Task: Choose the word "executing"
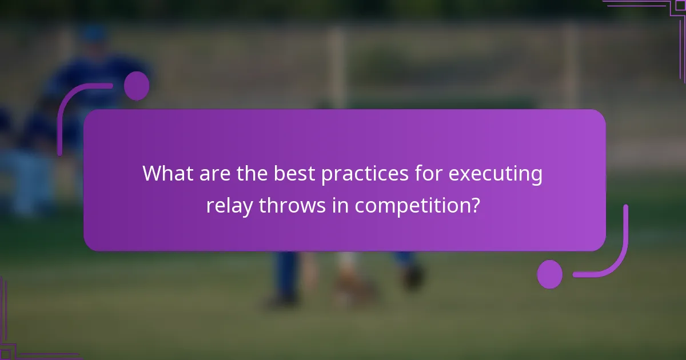pyautogui.click(x=495, y=174)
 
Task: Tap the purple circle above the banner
pyautogui.click(x=137, y=86)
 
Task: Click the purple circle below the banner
pyautogui.click(x=549, y=274)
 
